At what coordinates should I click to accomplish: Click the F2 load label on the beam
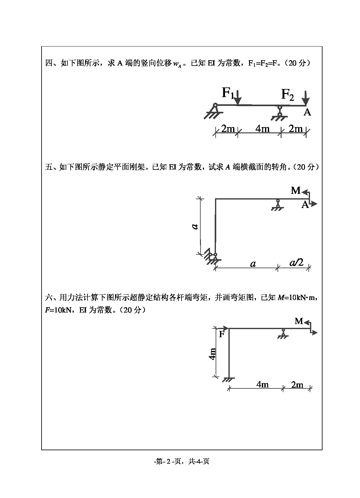tap(287, 94)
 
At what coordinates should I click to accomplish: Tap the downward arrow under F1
tap(238, 98)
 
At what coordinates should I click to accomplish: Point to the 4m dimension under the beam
tap(262, 128)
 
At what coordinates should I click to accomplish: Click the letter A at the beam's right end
tap(307, 112)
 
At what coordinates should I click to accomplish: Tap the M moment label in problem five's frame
tap(295, 190)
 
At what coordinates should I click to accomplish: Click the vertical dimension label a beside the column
tap(195, 226)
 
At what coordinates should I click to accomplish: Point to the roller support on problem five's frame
tap(277, 205)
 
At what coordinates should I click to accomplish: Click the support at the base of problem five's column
tap(212, 257)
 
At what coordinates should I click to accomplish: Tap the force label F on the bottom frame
tap(222, 334)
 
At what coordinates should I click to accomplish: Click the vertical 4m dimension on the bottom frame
tap(213, 354)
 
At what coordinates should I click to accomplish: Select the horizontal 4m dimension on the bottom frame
tap(262, 384)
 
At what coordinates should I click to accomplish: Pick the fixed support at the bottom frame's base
tap(229, 380)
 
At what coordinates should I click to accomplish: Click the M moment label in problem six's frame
tap(299, 321)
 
